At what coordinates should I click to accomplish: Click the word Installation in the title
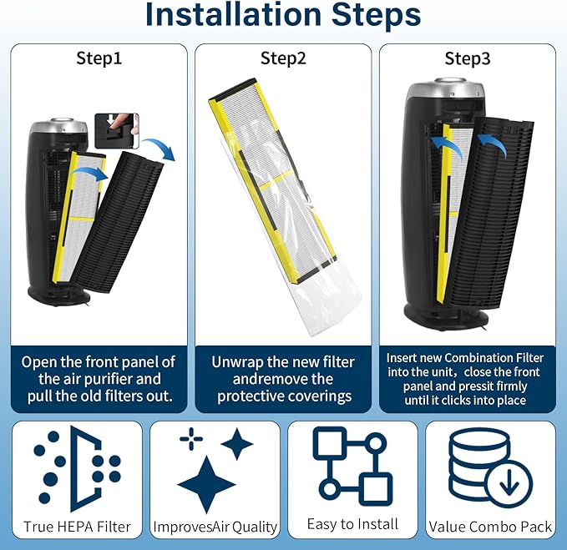coord(233,14)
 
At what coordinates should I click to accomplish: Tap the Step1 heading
coord(99,58)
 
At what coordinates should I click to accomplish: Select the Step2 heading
coord(283,58)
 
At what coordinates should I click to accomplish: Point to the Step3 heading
coord(468,58)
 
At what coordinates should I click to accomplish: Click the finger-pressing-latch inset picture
coord(117,130)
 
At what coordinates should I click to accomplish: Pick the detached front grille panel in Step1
coord(118,222)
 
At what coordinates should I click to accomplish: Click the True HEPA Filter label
coord(77,527)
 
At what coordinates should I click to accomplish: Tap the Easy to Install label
coord(352,524)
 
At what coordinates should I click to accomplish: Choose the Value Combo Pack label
coord(490,527)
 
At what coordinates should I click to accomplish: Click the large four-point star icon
coord(206,484)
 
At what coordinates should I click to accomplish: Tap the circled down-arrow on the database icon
coord(509,483)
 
